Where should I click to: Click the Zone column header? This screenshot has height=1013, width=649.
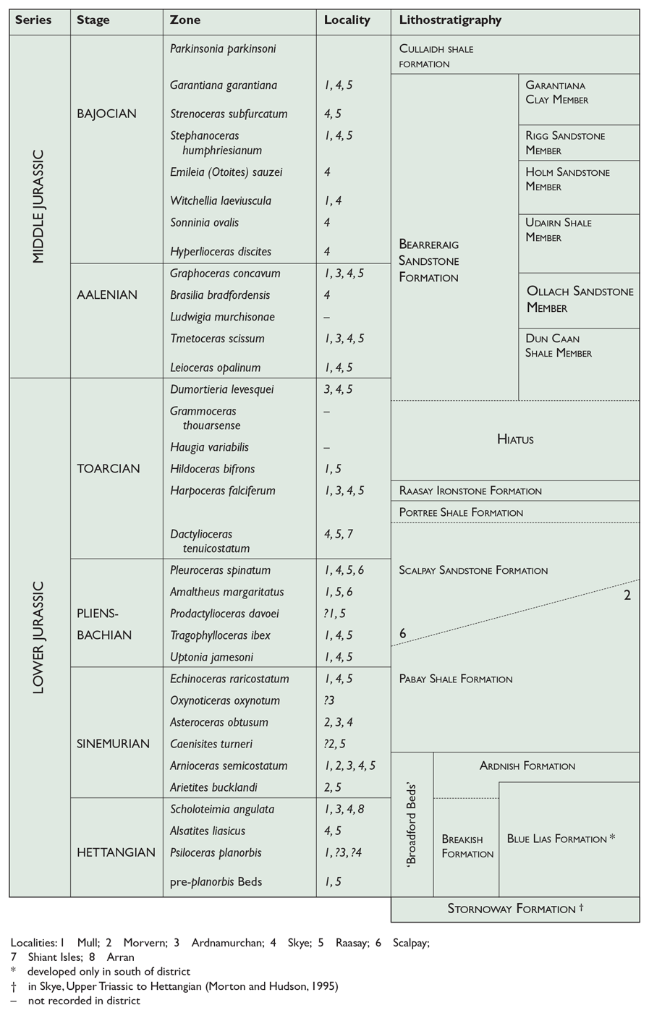click(x=185, y=20)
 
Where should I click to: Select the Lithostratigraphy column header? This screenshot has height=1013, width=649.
click(x=450, y=20)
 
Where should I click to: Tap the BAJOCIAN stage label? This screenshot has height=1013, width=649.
click(x=106, y=114)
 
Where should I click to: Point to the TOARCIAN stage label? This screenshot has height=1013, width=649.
click(x=108, y=468)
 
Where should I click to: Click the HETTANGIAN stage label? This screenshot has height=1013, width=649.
click(x=116, y=852)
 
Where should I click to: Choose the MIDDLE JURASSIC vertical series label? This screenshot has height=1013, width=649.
click(x=38, y=206)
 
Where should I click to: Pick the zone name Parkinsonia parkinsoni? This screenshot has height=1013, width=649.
click(x=222, y=49)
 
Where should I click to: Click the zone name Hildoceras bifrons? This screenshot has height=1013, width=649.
click(x=212, y=469)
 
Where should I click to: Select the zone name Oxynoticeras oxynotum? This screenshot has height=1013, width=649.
click(x=224, y=700)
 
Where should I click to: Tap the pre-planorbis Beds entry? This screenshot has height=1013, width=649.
click(x=216, y=881)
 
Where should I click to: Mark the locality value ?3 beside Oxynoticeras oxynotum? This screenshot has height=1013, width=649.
click(x=329, y=700)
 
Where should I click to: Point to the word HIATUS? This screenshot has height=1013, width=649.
click(x=515, y=439)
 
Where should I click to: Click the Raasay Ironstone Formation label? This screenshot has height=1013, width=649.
click(x=470, y=491)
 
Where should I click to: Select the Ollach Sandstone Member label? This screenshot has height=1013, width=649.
click(x=580, y=299)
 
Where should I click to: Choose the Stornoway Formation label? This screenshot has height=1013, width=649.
click(x=512, y=909)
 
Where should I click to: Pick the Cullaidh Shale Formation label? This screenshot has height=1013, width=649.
click(x=436, y=56)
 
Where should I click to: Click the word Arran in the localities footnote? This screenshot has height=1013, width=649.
click(x=120, y=957)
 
